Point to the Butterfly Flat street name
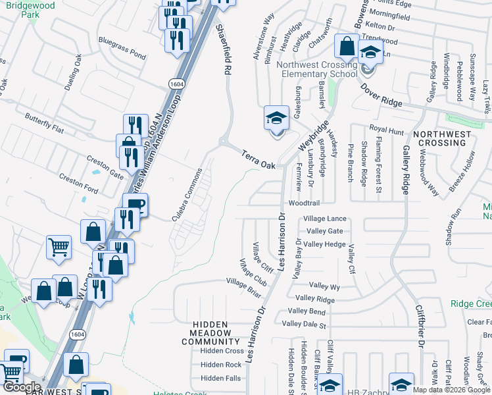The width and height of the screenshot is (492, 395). coord(44,123)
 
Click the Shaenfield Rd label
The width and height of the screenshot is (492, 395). coord(224,48)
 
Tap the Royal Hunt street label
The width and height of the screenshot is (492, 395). coord(386,131)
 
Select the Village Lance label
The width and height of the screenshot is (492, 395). coord(324,219)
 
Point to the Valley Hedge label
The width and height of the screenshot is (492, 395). coord(324,244)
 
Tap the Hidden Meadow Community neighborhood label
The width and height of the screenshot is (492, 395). coord(210,333)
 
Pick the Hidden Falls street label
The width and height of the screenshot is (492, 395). coord(221,378)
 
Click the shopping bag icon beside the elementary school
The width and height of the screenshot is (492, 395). coord(346,47)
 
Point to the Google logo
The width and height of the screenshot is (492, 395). coord(21,388)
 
